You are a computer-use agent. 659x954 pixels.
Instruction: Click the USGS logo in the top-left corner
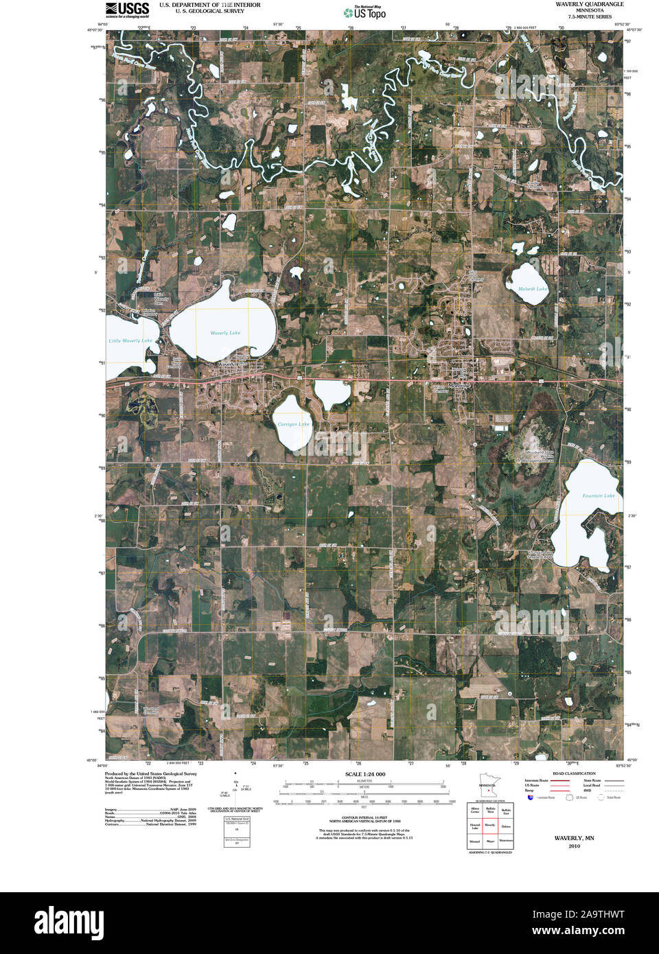[x=127, y=9]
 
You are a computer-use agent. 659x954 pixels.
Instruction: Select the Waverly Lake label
[x=225, y=333]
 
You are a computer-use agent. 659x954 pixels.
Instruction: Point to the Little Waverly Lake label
[x=130, y=340]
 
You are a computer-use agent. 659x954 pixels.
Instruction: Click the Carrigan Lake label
[x=293, y=424]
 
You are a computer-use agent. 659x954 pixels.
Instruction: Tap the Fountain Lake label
[x=599, y=496]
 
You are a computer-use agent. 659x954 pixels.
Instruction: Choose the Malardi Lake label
[x=533, y=289]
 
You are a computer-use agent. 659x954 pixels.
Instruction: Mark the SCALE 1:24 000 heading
[x=365, y=774]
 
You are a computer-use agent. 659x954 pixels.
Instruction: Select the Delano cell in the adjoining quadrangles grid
[x=506, y=826]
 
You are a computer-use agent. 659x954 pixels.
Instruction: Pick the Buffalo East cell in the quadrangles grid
[x=506, y=811]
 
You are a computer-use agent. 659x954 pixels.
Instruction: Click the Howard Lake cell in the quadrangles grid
[x=475, y=826]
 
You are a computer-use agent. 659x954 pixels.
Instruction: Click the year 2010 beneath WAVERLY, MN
[x=574, y=846]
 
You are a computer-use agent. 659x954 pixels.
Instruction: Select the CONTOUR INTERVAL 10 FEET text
[x=365, y=818]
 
